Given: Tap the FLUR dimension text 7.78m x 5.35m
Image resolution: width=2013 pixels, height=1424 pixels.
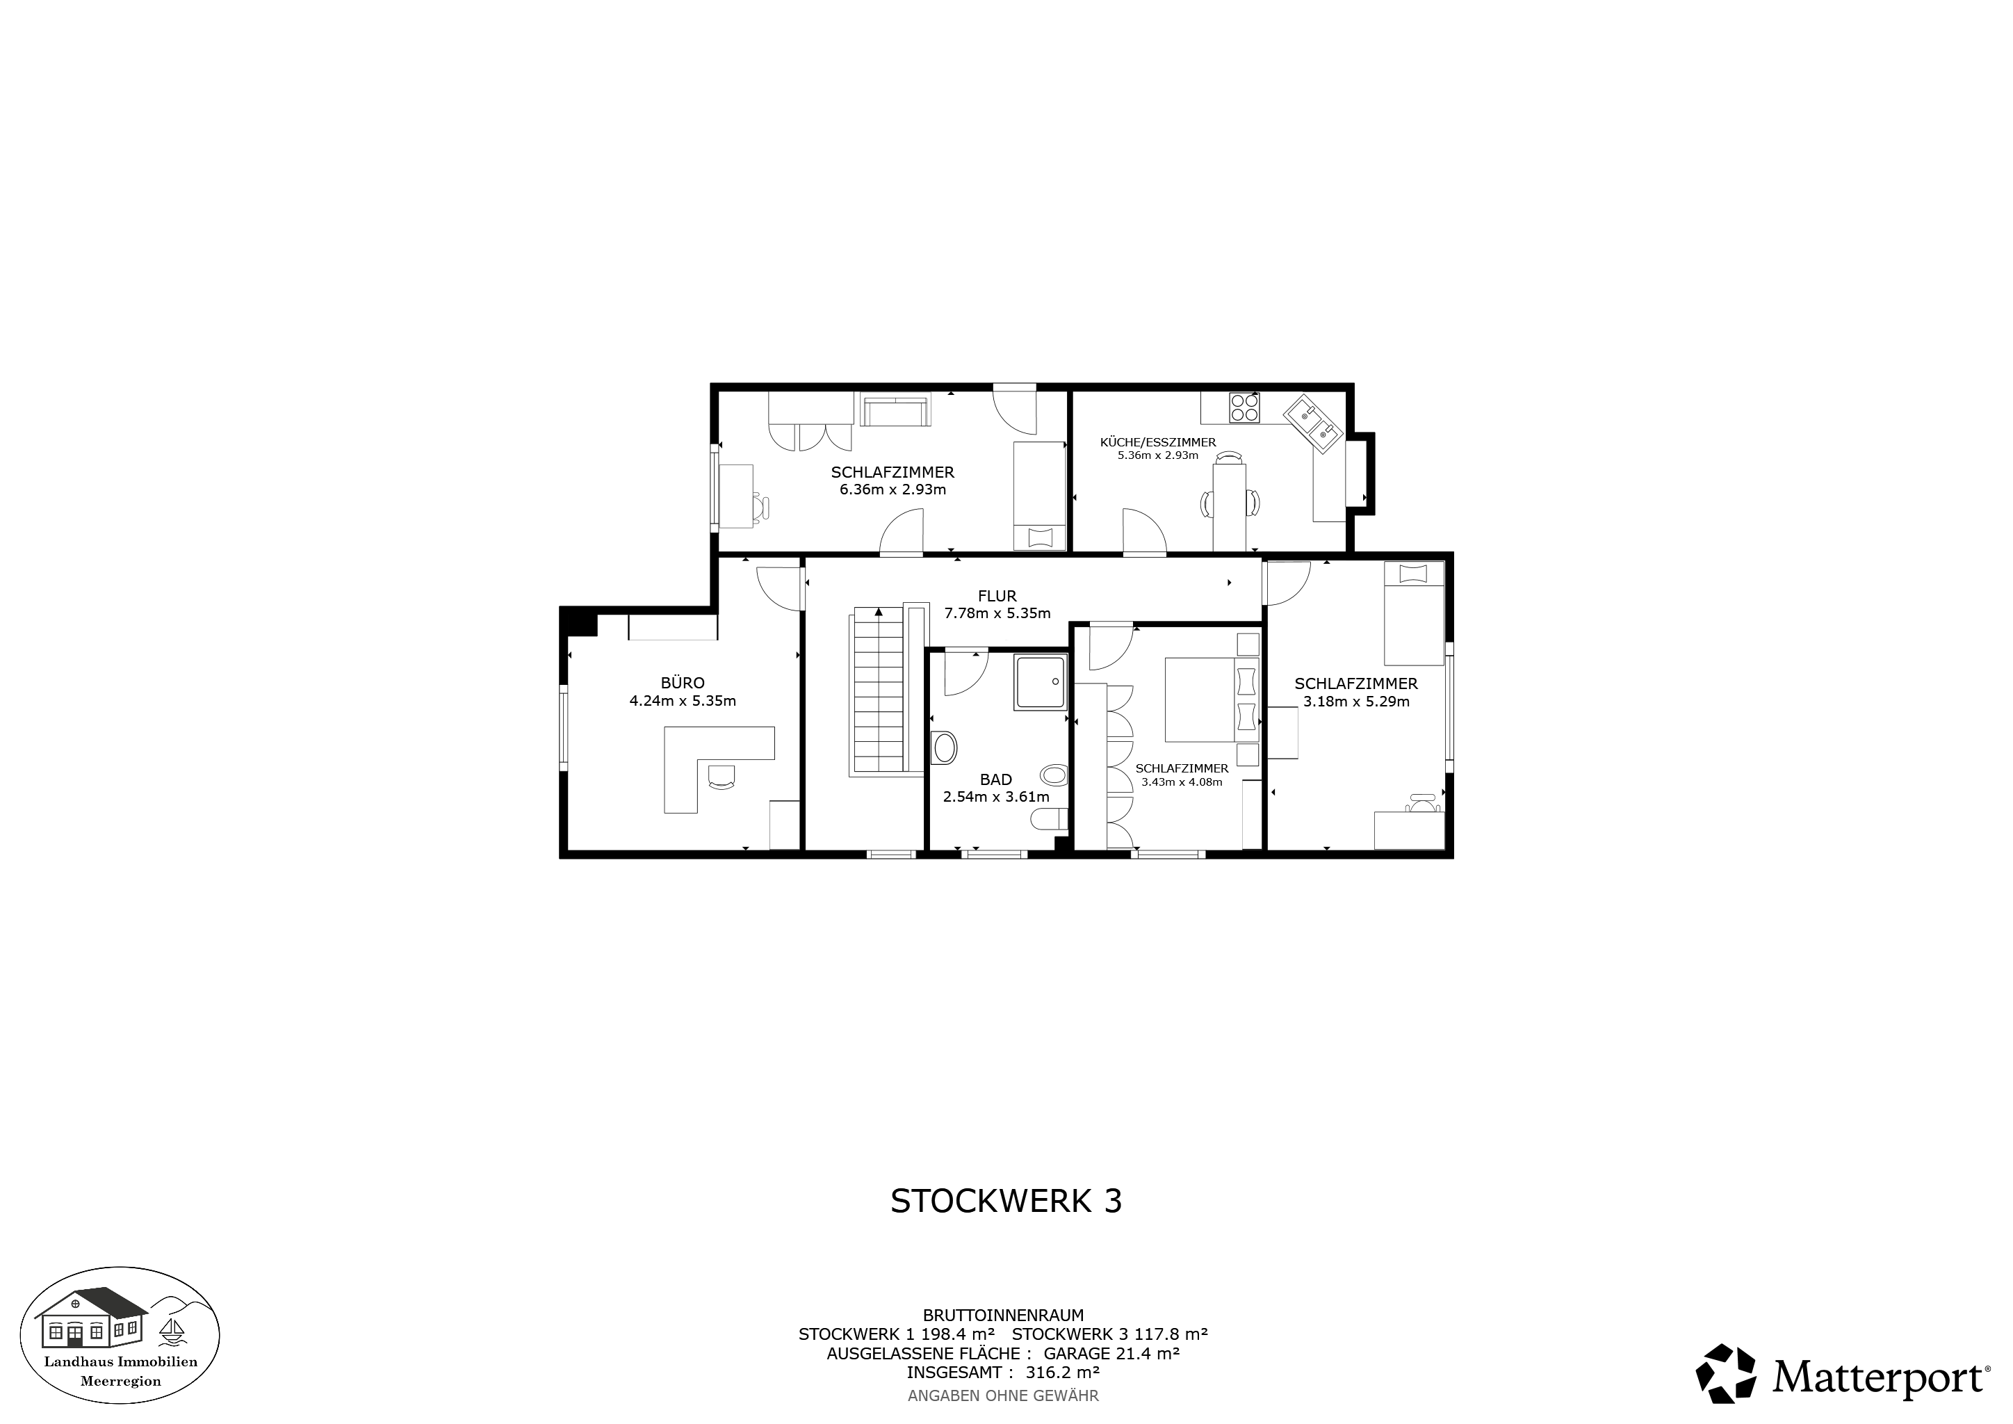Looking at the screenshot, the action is pos(997,614).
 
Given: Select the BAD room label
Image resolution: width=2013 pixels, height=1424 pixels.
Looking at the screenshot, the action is pos(996,779).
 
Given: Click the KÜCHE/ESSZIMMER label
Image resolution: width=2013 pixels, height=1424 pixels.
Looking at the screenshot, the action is pos(1157,442).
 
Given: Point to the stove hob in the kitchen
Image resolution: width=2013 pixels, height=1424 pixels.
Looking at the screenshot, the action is pos(1244,407).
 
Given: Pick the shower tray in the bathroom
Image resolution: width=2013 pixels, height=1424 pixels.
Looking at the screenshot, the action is pos(1041,681).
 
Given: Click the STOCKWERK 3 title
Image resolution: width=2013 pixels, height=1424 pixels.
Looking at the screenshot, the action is pos(1006,1201).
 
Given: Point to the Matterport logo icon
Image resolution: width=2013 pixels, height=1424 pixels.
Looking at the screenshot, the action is pos(1725,1373).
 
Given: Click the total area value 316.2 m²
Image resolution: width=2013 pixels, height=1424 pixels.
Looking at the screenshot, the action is pos(1063,1373).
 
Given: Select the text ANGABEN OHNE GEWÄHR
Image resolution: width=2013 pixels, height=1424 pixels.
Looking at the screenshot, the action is pos(1003,1395).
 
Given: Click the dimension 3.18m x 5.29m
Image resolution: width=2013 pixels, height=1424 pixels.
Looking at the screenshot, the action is pos(1355,702).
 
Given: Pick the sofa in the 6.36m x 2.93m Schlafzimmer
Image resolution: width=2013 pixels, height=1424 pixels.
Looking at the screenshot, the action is pos(895,411).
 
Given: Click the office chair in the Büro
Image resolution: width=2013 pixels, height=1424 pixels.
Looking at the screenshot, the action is pos(721,777).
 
